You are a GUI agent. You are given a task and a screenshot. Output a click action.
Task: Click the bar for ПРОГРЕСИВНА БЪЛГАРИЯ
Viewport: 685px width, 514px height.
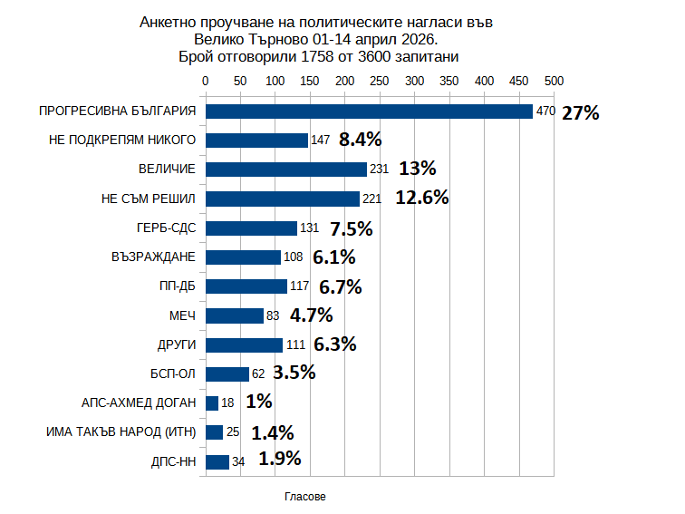pos(369,112)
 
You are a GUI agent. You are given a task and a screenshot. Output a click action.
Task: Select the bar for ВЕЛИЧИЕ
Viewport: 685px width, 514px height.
pos(286,170)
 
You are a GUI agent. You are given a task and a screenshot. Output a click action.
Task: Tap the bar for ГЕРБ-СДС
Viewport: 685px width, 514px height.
pos(252,228)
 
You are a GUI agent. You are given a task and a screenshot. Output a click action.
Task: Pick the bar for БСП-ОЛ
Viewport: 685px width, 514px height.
pos(227,374)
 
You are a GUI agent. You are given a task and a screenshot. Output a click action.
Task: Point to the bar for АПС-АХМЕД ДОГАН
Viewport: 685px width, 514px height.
pos(212,403)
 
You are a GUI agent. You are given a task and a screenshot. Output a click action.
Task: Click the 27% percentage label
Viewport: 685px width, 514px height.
pos(581,113)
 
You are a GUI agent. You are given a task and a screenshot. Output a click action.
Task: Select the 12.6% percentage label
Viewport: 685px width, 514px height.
pos(422,198)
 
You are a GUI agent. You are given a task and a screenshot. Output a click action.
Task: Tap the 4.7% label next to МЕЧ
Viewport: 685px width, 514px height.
pos(311,315)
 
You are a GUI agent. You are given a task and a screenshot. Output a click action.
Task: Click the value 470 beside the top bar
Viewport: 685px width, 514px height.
pos(545,112)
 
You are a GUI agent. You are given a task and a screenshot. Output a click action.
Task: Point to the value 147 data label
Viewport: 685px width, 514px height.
pos(320,141)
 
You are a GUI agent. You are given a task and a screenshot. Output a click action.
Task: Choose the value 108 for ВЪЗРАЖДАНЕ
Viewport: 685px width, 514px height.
pos(293,257)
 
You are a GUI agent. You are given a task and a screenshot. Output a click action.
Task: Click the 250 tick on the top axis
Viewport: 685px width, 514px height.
pos(380,81)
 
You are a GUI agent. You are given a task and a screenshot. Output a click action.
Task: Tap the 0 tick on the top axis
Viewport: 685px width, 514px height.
pos(206,81)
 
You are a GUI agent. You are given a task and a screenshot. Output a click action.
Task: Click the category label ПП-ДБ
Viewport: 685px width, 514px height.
pos(178,286)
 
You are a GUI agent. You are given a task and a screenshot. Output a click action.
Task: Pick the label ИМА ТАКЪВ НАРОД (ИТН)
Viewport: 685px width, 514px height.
pos(121,432)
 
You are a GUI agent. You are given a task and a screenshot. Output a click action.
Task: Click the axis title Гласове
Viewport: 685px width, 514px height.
pos(305,497)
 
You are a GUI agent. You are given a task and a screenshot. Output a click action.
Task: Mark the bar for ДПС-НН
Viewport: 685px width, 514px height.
pos(217,461)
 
